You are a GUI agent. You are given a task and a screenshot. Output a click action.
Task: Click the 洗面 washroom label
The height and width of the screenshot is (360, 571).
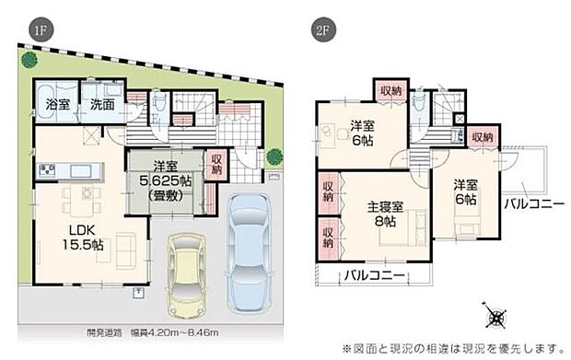coord(102,105)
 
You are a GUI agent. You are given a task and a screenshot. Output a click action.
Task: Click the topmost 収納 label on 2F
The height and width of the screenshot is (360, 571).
coord(390,90)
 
